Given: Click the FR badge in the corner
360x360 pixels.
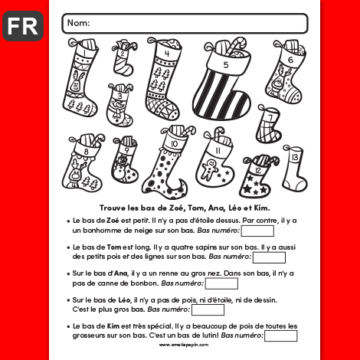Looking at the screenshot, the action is [23, 26].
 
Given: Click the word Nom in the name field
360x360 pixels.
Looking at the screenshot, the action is [78, 23].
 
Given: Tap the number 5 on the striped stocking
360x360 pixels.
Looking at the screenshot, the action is [226, 65].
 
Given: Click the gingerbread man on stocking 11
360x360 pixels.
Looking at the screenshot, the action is [209, 169].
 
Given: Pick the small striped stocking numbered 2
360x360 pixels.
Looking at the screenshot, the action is [123, 58].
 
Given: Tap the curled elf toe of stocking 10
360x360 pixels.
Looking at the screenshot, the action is [183, 185].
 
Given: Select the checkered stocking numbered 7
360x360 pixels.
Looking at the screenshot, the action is [269, 125].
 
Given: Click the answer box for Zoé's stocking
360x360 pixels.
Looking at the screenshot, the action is [257, 231].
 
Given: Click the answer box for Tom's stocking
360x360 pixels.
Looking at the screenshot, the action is [269, 257].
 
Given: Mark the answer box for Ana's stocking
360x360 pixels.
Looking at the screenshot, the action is [221, 283].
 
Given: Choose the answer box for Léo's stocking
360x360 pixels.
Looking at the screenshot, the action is [208, 310].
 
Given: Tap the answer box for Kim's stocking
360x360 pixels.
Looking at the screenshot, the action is [280, 335].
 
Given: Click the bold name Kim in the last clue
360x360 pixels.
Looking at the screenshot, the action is [113, 326].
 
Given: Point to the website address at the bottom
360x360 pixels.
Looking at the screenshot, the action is [184, 345].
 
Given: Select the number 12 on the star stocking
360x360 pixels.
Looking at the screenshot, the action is [258, 170].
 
